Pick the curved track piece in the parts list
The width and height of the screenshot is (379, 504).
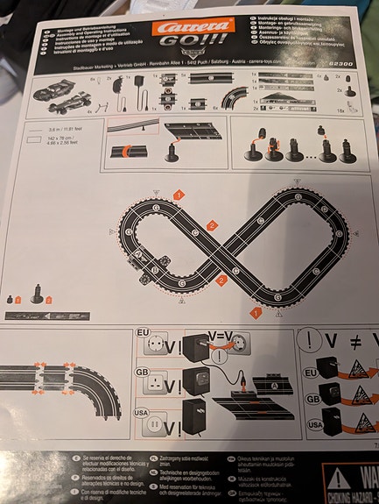click(x=234, y=95)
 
